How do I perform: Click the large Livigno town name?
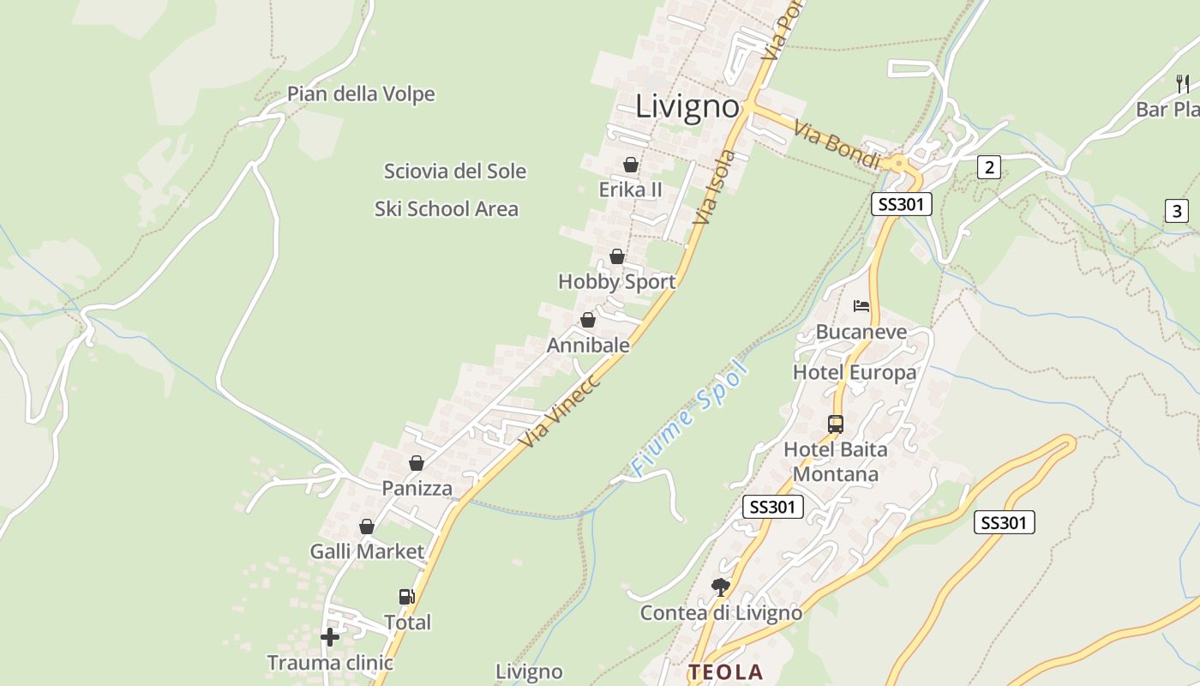(687, 106)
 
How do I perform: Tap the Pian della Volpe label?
(361, 93)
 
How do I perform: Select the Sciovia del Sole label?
(454, 171)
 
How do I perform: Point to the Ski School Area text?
(446, 208)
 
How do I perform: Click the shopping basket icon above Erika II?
(631, 164)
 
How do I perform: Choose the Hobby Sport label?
(616, 281)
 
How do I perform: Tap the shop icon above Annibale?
(588, 320)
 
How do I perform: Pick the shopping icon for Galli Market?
(367, 526)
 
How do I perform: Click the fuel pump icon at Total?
(406, 596)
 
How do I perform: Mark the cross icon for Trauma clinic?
(330, 636)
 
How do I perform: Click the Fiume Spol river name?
(690, 419)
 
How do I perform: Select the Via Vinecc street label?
(561, 411)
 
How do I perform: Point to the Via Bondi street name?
(837, 144)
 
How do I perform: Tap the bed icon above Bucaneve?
(861, 305)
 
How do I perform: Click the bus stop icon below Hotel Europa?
(835, 424)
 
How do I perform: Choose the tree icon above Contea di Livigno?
(720, 587)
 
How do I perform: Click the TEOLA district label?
(724, 671)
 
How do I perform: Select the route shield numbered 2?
(989, 167)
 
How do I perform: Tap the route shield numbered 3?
(1176, 210)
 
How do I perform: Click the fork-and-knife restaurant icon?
(1183, 83)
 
